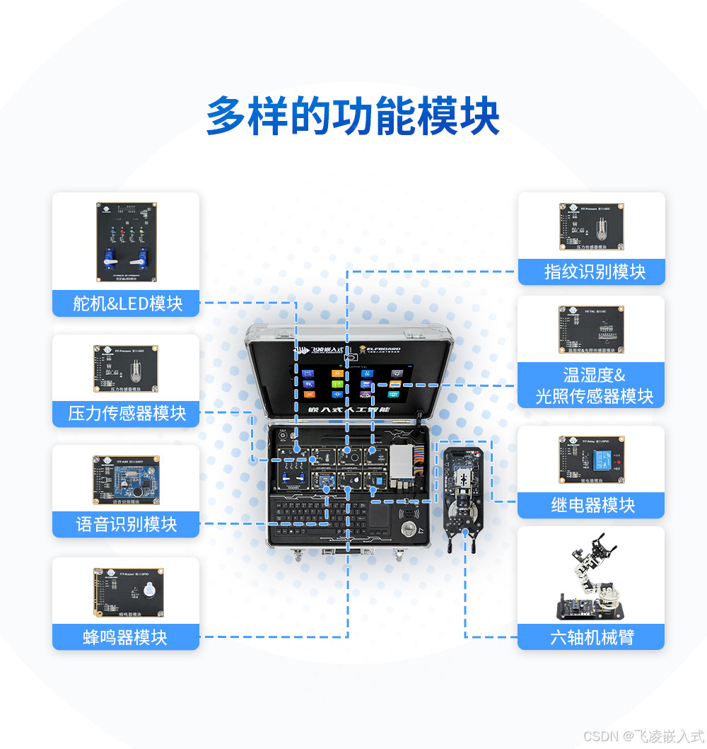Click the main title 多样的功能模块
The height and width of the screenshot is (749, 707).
pyautogui.click(x=353, y=116)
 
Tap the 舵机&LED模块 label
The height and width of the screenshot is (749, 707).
pyautogui.click(x=126, y=303)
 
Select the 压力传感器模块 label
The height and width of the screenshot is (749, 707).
pyautogui.click(x=126, y=413)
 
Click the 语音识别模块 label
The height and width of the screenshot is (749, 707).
pyautogui.click(x=126, y=524)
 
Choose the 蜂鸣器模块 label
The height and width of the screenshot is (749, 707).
pyautogui.click(x=126, y=637)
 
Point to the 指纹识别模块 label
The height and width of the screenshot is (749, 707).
pyautogui.click(x=592, y=272)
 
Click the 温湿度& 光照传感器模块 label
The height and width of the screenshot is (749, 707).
pyautogui.click(x=592, y=385)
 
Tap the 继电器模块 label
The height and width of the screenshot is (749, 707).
pyautogui.click(x=592, y=505)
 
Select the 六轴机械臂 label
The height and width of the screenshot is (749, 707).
pyautogui.click(x=592, y=637)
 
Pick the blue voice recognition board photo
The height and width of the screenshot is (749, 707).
pyautogui.click(x=127, y=480)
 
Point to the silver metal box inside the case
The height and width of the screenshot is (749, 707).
pyautogui.click(x=404, y=462)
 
